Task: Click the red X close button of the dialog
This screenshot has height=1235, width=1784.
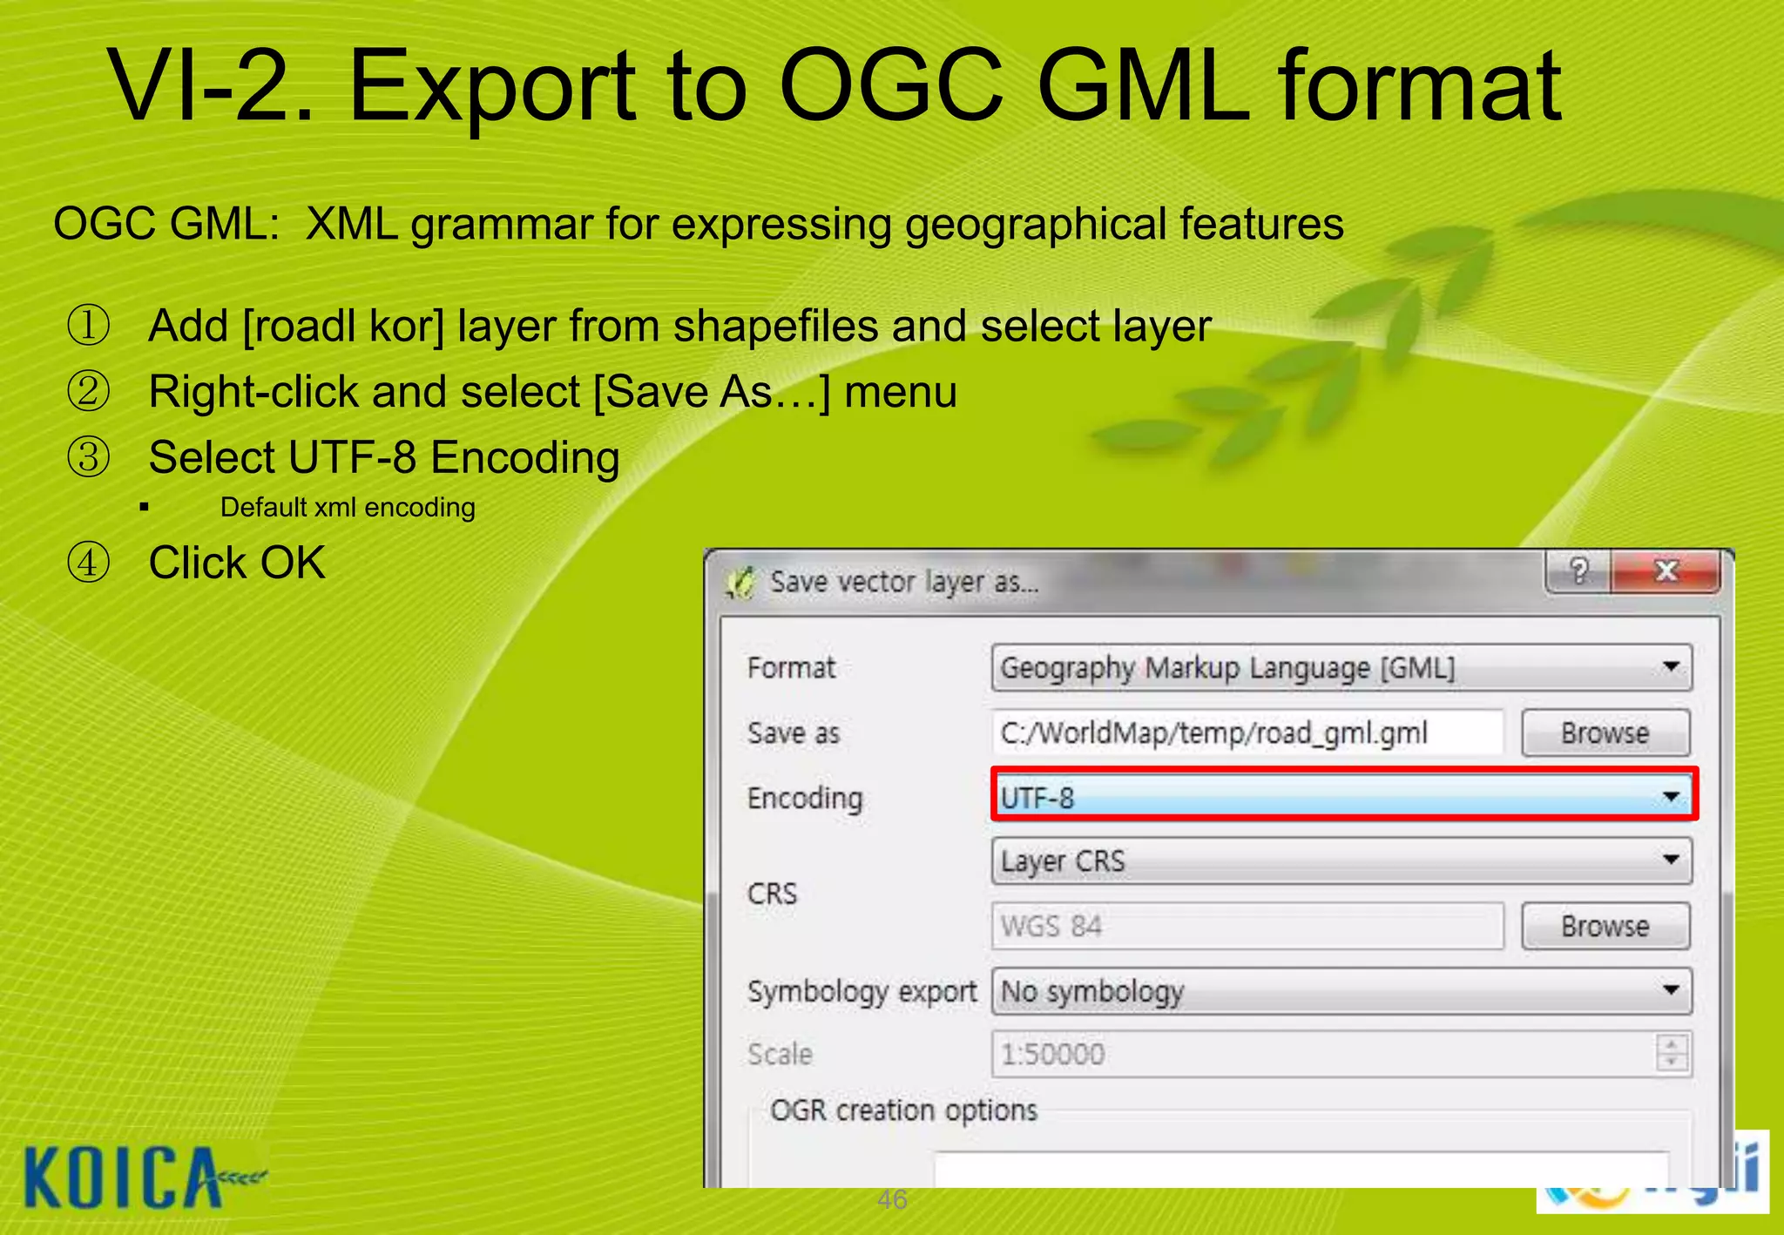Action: point(1666,571)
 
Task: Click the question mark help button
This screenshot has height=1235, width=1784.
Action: point(1578,571)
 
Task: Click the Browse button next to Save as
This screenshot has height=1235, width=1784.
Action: point(1605,732)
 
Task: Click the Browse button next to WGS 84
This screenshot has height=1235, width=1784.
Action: point(1605,926)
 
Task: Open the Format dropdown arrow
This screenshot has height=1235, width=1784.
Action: point(1670,667)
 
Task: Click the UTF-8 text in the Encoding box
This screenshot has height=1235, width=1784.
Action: point(1037,797)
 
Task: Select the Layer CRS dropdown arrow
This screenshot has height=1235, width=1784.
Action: point(1670,860)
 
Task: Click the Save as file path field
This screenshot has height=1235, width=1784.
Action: point(1246,732)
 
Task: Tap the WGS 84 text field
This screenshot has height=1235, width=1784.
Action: point(1246,926)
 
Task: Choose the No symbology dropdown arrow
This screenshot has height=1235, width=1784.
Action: point(1670,990)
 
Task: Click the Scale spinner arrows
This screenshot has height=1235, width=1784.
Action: point(1671,1053)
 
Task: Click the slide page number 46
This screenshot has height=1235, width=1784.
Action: point(892,1199)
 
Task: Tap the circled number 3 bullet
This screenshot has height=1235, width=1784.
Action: point(89,457)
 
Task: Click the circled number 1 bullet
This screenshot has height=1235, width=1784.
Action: point(89,326)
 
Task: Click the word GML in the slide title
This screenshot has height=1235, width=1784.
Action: point(1143,87)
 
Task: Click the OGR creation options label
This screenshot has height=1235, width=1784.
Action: point(903,1110)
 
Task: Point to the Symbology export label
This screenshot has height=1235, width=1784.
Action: point(862,991)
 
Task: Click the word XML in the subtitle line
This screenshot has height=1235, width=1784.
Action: point(352,224)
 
